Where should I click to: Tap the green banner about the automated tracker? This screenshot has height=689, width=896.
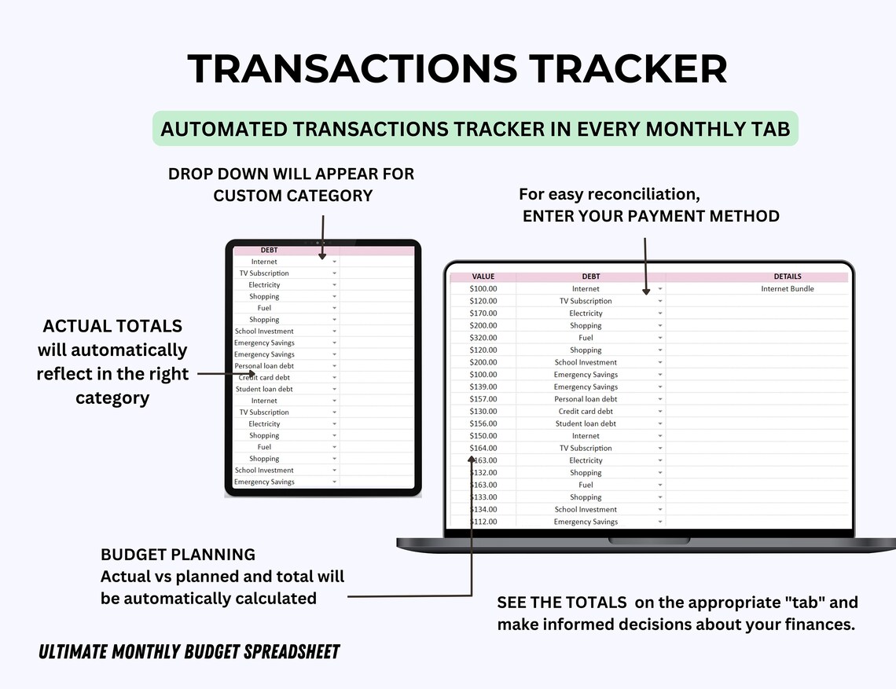[x=475, y=129]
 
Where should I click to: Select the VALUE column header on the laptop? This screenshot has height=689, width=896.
[x=483, y=277]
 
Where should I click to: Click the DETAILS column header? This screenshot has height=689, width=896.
[x=787, y=277]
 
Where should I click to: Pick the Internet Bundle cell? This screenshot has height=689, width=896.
[x=787, y=289]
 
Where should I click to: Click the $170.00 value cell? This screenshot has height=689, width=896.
[x=483, y=313]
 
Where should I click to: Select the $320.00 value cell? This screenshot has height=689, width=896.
[x=483, y=338]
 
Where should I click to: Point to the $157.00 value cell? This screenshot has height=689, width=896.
[x=483, y=399]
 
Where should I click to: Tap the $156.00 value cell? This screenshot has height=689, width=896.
[x=483, y=423]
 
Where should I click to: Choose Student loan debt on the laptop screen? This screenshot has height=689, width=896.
[x=586, y=423]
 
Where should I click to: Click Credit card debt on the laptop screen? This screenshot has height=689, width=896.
[x=586, y=412]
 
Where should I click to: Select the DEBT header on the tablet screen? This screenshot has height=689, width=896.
[x=269, y=251]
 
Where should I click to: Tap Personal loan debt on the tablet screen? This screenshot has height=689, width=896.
[x=264, y=366]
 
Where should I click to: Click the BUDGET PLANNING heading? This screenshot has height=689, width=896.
[x=178, y=555]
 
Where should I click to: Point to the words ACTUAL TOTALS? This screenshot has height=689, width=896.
[x=112, y=326]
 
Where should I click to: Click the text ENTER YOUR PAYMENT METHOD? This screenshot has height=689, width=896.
[x=651, y=216]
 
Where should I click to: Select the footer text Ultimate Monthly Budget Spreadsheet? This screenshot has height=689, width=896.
[x=189, y=651]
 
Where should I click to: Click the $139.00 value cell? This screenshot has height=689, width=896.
[x=483, y=387]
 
